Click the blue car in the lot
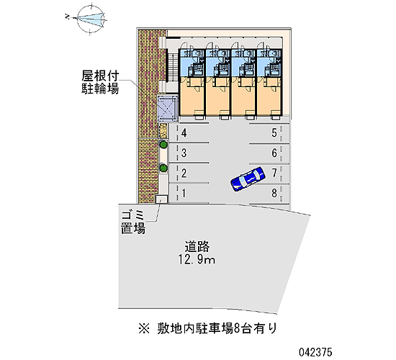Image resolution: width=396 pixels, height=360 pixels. (x=248, y=179)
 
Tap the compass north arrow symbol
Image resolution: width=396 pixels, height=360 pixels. (x=90, y=19)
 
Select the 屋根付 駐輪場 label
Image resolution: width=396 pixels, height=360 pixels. (x=100, y=82)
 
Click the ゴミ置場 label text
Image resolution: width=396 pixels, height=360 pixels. (x=133, y=222)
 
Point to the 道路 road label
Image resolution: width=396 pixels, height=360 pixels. (x=197, y=246)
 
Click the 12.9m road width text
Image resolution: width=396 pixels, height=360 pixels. (x=197, y=259)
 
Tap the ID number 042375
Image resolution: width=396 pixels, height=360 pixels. (x=315, y=352)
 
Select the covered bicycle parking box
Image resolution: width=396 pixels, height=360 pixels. (x=167, y=109)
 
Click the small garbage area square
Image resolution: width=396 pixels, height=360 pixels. (x=161, y=199)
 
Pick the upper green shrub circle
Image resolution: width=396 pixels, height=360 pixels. (x=163, y=145)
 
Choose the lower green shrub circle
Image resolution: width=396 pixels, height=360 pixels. (x=163, y=168)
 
